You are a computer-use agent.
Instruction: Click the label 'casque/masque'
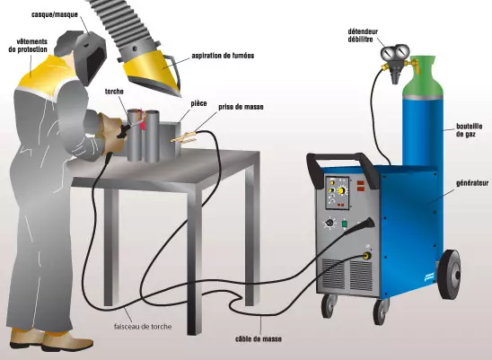click(54, 14)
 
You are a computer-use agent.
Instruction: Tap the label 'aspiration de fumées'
click(223, 56)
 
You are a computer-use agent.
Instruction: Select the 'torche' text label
click(114, 92)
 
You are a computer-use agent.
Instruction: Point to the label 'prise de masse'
click(241, 107)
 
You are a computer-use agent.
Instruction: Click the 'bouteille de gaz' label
click(469, 130)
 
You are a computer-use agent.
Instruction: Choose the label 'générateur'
click(472, 183)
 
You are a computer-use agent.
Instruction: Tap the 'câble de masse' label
click(259, 339)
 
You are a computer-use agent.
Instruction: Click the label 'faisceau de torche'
click(143, 327)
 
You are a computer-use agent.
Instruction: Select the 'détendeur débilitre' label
click(363, 36)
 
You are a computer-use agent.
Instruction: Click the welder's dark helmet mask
click(91, 57)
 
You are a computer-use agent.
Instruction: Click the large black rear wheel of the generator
click(449, 275)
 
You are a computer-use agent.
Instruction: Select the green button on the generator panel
click(345, 224)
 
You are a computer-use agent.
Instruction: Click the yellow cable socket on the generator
click(365, 256)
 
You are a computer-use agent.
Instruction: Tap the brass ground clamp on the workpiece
click(183, 137)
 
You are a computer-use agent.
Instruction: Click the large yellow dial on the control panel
click(341, 190)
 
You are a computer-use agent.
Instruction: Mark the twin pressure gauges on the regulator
click(395, 52)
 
